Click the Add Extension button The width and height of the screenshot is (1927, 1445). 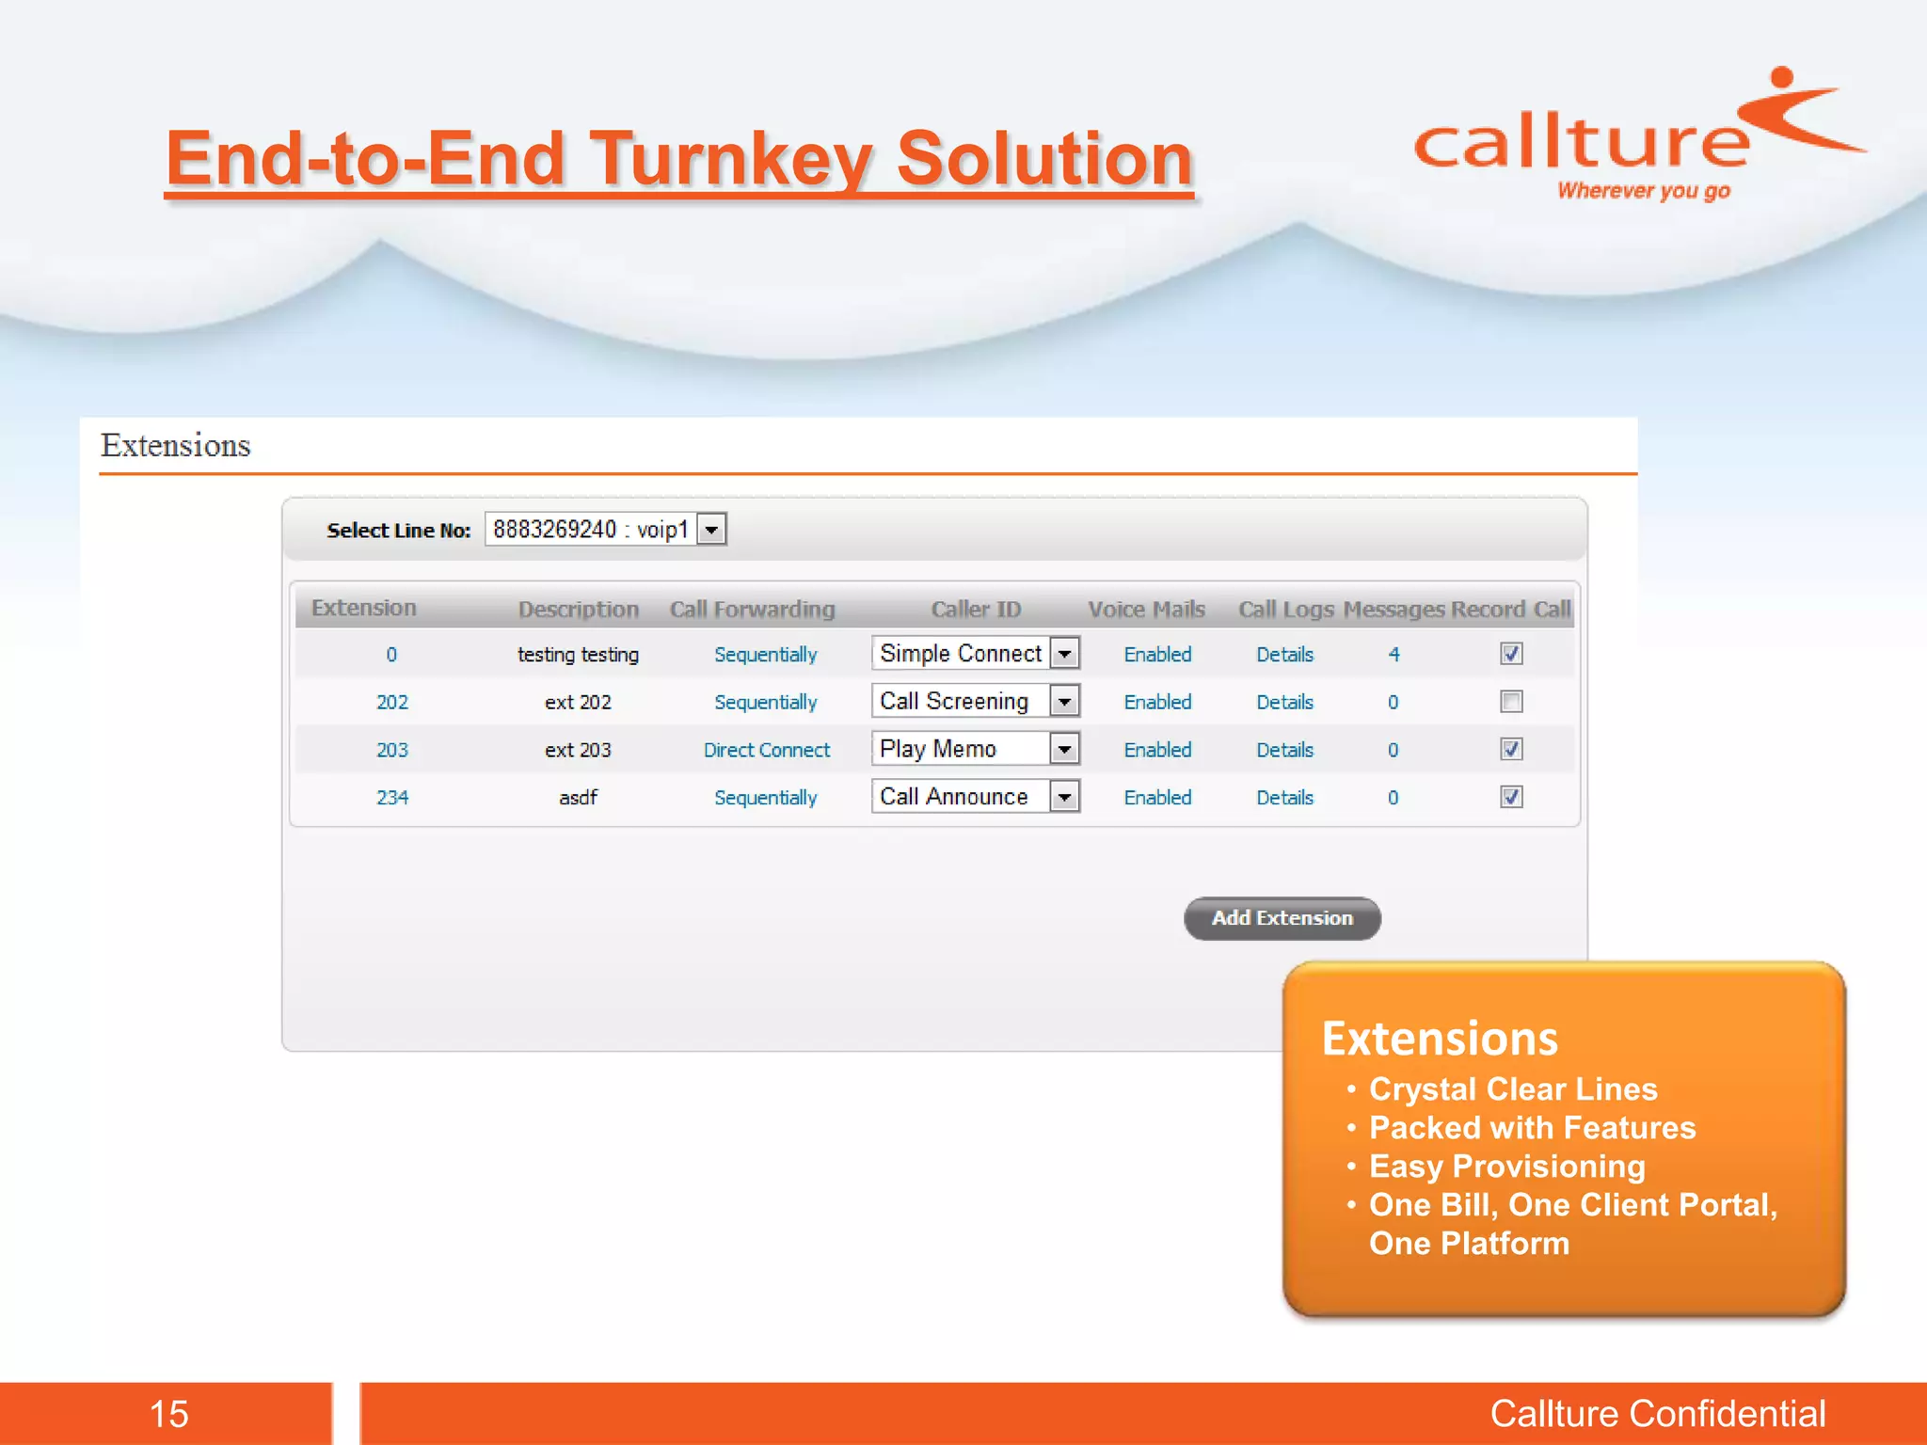[1282, 918]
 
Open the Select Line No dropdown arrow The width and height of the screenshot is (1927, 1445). [712, 530]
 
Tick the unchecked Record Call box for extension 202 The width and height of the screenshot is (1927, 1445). [1511, 702]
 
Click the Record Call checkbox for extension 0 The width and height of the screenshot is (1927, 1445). [1511, 654]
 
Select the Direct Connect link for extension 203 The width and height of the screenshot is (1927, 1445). [767, 750]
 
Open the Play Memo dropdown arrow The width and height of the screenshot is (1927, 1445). [1064, 749]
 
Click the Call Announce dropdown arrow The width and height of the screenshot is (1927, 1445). [1064, 797]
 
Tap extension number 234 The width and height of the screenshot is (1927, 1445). [392, 798]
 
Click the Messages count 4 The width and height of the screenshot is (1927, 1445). [1393, 655]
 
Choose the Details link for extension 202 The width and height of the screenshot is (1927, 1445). [1284, 703]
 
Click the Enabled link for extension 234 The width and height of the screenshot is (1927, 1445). [1157, 798]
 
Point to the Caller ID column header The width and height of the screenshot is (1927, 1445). [976, 610]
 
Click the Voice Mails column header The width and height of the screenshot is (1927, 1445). [1146, 610]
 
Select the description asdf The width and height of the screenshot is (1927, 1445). [578, 798]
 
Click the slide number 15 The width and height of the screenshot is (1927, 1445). [169, 1414]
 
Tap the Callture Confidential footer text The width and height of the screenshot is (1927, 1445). [1657, 1414]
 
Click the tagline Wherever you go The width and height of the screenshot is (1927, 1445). [1643, 191]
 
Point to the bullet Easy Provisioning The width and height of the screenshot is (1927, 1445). [1506, 1167]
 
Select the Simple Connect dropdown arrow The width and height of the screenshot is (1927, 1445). [1064, 653]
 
